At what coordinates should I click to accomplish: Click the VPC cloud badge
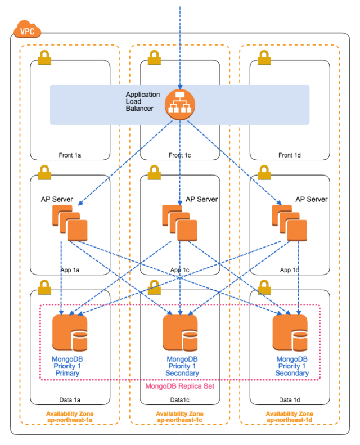click(x=26, y=30)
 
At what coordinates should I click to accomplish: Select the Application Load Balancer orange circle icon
click(x=179, y=105)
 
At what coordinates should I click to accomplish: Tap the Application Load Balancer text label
click(x=143, y=101)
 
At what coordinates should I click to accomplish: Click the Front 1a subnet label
click(x=70, y=155)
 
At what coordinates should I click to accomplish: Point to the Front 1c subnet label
click(x=180, y=155)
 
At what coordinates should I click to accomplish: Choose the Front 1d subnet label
click(x=290, y=155)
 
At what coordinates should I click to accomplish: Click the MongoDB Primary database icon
click(x=70, y=332)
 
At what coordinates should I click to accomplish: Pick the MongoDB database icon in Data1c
click(x=180, y=332)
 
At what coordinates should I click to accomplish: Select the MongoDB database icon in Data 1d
click(x=290, y=332)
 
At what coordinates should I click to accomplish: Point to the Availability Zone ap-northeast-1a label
click(x=70, y=417)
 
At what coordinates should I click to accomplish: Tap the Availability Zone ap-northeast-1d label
click(x=290, y=417)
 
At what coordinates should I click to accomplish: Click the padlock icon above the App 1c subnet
click(x=154, y=171)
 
